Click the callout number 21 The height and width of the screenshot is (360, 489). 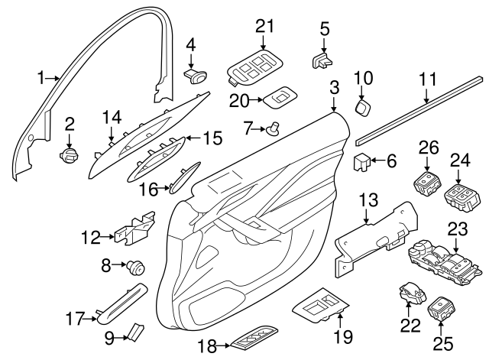[264, 26]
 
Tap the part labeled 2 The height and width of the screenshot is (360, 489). [69, 155]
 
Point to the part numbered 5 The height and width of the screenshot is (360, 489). [322, 60]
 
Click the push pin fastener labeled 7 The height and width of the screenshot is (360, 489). [273, 128]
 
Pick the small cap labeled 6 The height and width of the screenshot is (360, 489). [361, 162]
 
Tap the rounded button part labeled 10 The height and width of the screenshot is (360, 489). [362, 107]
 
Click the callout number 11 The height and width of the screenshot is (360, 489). [428, 79]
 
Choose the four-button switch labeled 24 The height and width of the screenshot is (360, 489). [461, 198]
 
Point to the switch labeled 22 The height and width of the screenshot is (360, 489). [412, 294]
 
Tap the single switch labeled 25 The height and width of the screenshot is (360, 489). [442, 308]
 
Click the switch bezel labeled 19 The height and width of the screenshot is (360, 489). [321, 305]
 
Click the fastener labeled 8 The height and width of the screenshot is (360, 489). [136, 268]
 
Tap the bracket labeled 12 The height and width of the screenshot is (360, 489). [135, 228]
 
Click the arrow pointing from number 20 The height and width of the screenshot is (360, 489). [257, 100]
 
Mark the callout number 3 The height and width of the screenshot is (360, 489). [334, 88]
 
